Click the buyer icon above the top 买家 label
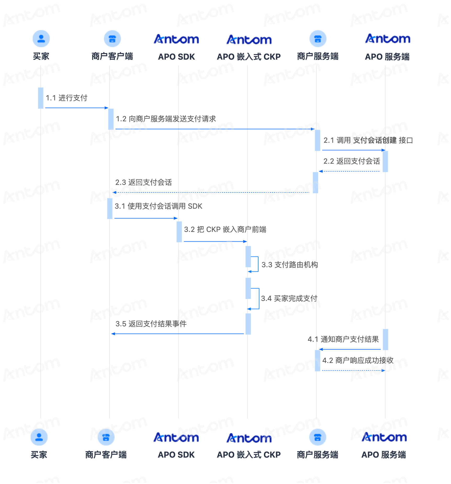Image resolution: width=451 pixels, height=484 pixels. coord(41,39)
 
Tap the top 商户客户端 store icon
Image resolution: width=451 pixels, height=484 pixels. coord(112,39)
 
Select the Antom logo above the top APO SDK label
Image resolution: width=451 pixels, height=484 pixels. coord(176,39)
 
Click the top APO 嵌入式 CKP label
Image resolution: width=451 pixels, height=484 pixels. coord(249,57)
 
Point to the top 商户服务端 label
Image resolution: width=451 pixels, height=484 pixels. coord(318,56)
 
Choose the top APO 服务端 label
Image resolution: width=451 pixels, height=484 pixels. coord(387,57)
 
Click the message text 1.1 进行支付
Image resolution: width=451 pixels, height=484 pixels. coord(66,98)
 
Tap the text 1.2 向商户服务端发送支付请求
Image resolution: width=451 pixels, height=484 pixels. coord(166,119)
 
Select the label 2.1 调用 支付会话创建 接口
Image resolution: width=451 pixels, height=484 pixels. coord(368,140)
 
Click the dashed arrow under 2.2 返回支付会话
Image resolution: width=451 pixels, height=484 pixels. coord(349,171)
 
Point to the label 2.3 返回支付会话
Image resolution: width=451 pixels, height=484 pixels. coord(144,182)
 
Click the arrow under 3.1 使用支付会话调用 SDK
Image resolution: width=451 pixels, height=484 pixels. coord(146,218)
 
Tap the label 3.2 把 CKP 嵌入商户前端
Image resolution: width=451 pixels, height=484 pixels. coord(225,230)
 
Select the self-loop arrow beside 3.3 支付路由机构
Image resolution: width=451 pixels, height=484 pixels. coord(258,264)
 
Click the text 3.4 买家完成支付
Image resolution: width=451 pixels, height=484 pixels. coord(289,298)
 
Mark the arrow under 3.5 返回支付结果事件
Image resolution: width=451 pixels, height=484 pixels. coord(177,334)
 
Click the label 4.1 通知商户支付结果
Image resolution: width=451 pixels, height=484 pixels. coord(343,339)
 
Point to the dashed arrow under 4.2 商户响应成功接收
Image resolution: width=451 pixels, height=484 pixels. coord(354,370)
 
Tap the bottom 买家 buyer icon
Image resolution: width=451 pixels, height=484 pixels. coord(39,437)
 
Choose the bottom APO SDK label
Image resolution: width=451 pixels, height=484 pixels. coord(176,455)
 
